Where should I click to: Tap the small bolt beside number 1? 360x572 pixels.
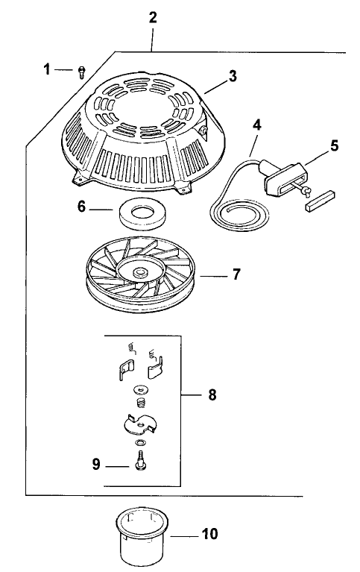pyautogui.click(x=82, y=71)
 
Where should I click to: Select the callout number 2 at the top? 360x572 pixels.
pyautogui.click(x=153, y=18)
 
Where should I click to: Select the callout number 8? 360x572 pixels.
pyautogui.click(x=212, y=395)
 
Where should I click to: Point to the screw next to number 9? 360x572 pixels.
pyautogui.click(x=140, y=462)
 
